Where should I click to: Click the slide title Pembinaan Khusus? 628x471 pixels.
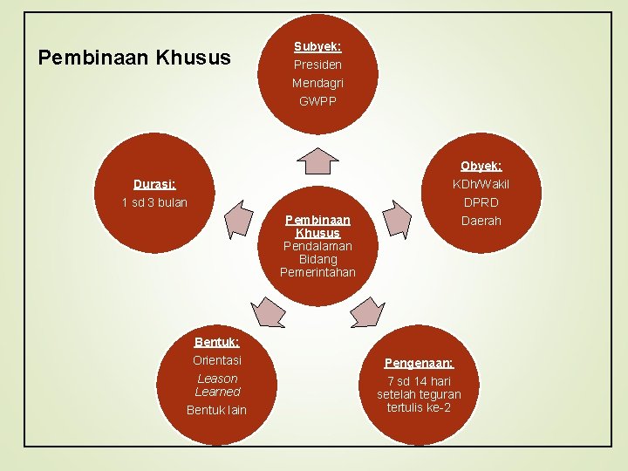pyautogui.click(x=135, y=58)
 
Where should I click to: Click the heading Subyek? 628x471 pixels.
pyautogui.click(x=317, y=46)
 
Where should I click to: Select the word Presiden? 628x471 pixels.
pyautogui.click(x=317, y=65)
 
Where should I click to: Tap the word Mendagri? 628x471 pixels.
pyautogui.click(x=317, y=83)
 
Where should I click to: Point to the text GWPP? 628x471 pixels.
pyautogui.click(x=317, y=101)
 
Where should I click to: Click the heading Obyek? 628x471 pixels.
pyautogui.click(x=481, y=166)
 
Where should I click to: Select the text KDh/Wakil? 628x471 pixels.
pyautogui.click(x=481, y=184)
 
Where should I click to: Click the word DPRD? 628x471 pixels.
pyautogui.click(x=481, y=202)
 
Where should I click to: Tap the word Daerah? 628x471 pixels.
pyautogui.click(x=481, y=221)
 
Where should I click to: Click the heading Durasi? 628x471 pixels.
pyautogui.click(x=154, y=184)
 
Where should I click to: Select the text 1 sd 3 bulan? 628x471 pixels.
pyautogui.click(x=154, y=202)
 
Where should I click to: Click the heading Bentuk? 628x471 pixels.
pyautogui.click(x=216, y=342)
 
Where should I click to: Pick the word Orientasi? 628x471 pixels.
pyautogui.click(x=216, y=360)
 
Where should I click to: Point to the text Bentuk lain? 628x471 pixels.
pyautogui.click(x=216, y=410)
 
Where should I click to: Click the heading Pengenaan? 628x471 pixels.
pyautogui.click(x=419, y=363)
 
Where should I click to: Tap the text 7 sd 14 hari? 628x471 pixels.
pyautogui.click(x=419, y=381)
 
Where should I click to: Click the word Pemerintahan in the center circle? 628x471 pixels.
pyautogui.click(x=317, y=272)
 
